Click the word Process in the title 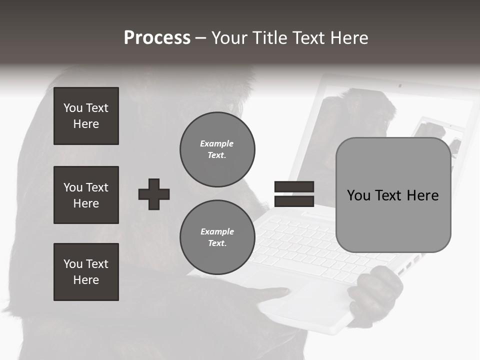pyautogui.click(x=157, y=38)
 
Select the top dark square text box pyautogui.click(x=86, y=116)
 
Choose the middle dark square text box pyautogui.click(x=86, y=195)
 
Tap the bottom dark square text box pyautogui.click(x=86, y=272)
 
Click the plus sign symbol pyautogui.click(x=154, y=194)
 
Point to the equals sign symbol pyautogui.click(x=294, y=194)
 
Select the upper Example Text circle pyautogui.click(x=217, y=149)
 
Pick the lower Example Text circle pyautogui.click(x=217, y=237)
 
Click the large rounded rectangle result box pyautogui.click(x=393, y=195)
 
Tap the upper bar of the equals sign pyautogui.click(x=294, y=187)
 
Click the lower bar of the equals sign pyautogui.click(x=294, y=201)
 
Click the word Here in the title pyautogui.click(x=349, y=38)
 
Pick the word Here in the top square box pyautogui.click(x=86, y=124)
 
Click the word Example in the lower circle pyautogui.click(x=217, y=231)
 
